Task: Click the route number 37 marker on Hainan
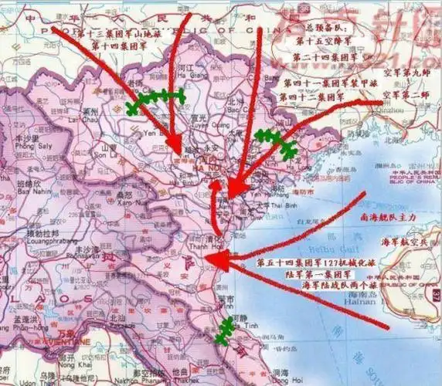437,296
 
